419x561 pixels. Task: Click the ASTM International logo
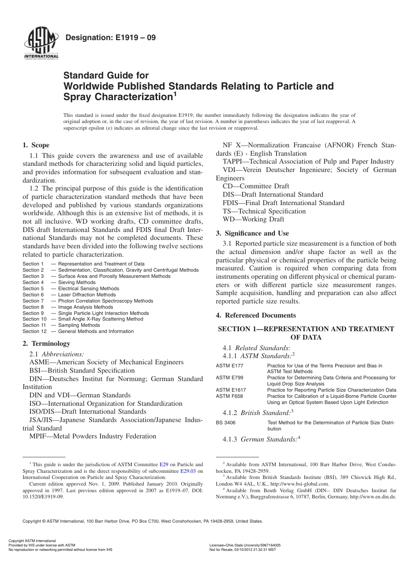pos(41,45)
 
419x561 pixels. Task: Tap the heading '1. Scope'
pos(36,145)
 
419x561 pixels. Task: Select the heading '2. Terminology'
pos(46,344)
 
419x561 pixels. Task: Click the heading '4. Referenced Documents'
pos(256,315)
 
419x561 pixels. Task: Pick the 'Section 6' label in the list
pos(34,295)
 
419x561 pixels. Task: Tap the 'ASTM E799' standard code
pos(229,378)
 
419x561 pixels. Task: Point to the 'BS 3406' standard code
pos(225,423)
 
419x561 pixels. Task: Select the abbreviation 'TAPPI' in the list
pos(233,161)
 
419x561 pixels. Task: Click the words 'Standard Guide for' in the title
pos(106,75)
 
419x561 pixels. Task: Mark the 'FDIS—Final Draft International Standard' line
pos(284,203)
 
